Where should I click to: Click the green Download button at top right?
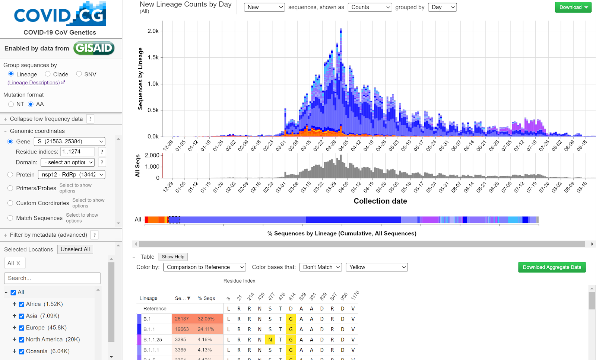click(573, 7)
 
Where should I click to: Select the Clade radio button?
click(48, 74)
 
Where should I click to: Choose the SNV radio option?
click(79, 74)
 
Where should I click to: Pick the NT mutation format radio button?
click(11, 104)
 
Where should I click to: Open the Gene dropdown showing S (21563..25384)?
click(70, 141)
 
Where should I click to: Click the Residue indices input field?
click(78, 152)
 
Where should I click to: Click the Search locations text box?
click(52, 278)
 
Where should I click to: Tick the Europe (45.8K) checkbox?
click(22, 328)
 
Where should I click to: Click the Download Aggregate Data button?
click(552, 267)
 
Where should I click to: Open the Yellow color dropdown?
click(377, 267)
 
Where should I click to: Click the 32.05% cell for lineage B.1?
click(206, 319)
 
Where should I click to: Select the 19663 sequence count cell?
click(182, 329)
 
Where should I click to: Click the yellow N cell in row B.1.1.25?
click(270, 340)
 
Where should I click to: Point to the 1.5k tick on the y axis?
click(153, 57)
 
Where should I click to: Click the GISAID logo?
click(94, 48)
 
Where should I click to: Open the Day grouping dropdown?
click(442, 7)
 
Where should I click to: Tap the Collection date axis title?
click(380, 201)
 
